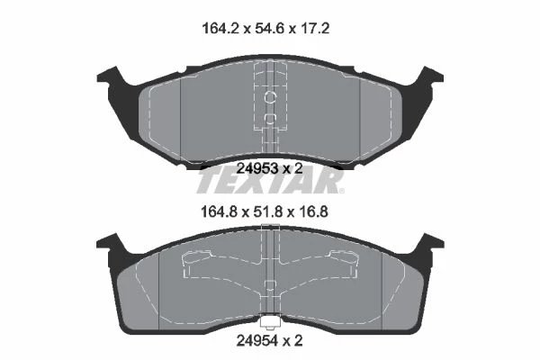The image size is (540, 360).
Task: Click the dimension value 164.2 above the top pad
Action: point(220,28)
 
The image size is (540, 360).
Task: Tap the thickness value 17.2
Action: point(315,28)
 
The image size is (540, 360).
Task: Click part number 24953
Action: point(257,168)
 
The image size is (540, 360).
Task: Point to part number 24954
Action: point(256,341)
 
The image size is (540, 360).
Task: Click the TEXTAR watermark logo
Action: point(269,181)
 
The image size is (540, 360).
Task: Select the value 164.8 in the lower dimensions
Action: point(219,211)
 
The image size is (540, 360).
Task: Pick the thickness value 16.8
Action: point(312,211)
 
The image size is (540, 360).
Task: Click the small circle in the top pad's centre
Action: point(270,97)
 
